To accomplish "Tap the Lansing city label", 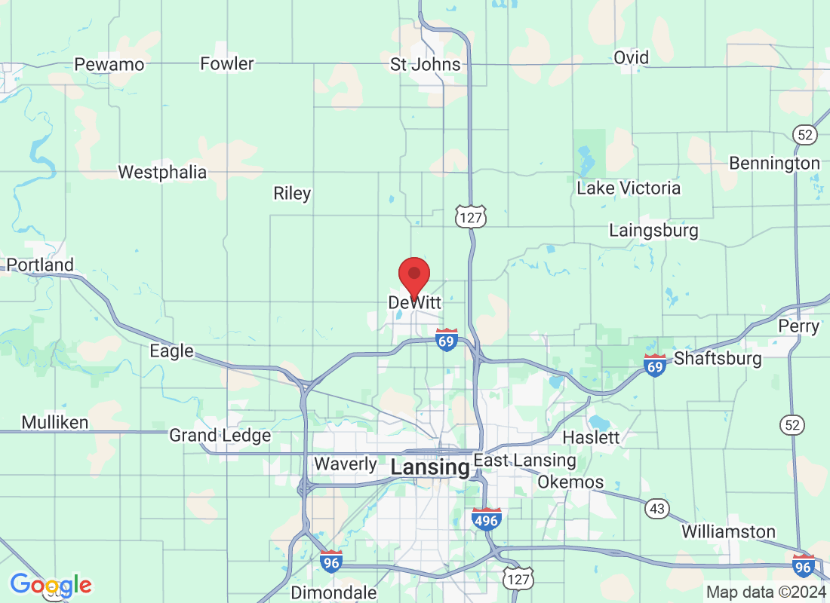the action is pos(429,467).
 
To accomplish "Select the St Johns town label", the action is pos(425,64).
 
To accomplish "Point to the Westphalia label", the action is pos(162,172).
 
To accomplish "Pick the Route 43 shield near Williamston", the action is pos(656,510).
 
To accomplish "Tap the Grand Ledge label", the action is pos(220,435).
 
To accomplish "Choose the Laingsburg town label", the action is pos(653,230).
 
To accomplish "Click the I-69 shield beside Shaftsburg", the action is pos(654,366).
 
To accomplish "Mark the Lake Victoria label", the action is pos(629,188).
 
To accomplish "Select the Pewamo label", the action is pos(109,64).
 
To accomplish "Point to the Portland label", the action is pos(40,265).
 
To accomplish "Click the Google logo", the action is pos(51,584).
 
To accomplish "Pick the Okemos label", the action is pos(570,482).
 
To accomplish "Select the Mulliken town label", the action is pos(55,422).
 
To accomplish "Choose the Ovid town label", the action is pos(631,57).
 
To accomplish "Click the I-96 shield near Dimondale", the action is pos(330,562).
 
